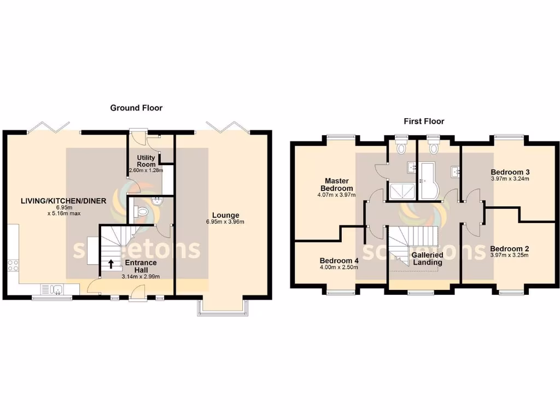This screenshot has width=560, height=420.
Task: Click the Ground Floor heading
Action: click(x=136, y=108)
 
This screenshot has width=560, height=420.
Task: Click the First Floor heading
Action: click(x=423, y=121)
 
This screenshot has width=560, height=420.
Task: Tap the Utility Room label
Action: click(x=146, y=161)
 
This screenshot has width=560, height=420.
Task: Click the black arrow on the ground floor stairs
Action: click(x=111, y=265)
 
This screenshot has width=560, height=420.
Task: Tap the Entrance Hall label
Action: click(x=141, y=266)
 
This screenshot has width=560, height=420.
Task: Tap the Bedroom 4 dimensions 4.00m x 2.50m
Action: click(x=339, y=267)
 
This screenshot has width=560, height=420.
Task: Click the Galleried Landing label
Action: click(x=427, y=259)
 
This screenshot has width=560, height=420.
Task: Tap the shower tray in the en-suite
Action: click(x=401, y=190)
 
